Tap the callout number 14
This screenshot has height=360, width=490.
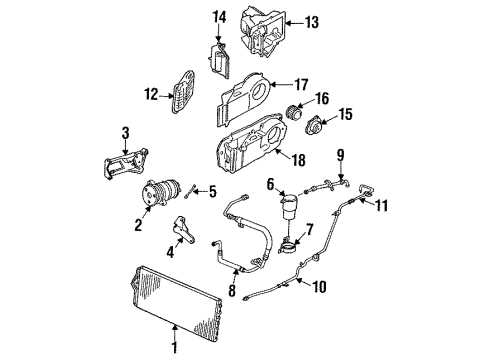pyautogui.click(x=221, y=17)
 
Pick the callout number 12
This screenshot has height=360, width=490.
pyautogui.click(x=152, y=95)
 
